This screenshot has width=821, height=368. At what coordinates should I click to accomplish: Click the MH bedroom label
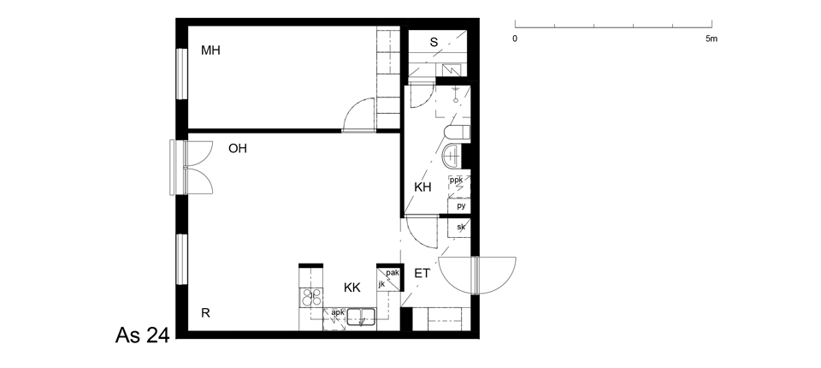pyautogui.click(x=210, y=50)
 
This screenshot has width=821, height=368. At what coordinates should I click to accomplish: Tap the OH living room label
pyautogui.click(x=237, y=149)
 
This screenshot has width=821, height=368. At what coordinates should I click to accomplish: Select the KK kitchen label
pyautogui.click(x=352, y=288)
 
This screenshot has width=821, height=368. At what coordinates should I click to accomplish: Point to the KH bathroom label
pyautogui.click(x=422, y=187)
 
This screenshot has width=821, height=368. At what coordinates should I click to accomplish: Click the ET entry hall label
pyautogui.click(x=422, y=273)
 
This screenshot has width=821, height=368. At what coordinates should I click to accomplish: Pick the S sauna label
pyautogui.click(x=434, y=43)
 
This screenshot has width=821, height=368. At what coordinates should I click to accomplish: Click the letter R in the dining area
pyautogui.click(x=206, y=313)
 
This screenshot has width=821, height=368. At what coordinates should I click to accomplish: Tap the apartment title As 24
pyautogui.click(x=143, y=335)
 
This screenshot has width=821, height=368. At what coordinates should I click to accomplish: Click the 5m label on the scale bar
pyautogui.click(x=711, y=39)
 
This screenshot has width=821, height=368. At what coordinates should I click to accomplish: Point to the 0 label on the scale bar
pyautogui.click(x=515, y=39)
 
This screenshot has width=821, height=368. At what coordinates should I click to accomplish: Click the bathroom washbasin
pyautogui.click(x=452, y=156)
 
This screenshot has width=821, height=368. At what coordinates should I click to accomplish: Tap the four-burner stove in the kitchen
pyautogui.click(x=310, y=297)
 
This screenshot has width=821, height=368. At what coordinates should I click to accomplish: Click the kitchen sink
pyautogui.click(x=361, y=317)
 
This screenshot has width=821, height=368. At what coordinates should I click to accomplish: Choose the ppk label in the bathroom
pyautogui.click(x=456, y=181)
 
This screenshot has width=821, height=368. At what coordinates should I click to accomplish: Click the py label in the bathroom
pyautogui.click(x=461, y=206)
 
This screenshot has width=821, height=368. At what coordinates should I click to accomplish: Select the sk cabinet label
pyautogui.click(x=461, y=227)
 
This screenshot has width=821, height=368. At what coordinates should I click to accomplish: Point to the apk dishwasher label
pyautogui.click(x=338, y=312)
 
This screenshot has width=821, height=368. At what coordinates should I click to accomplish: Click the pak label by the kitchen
pyautogui.click(x=393, y=273)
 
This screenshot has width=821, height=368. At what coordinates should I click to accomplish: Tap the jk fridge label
pyautogui.click(x=381, y=283)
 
